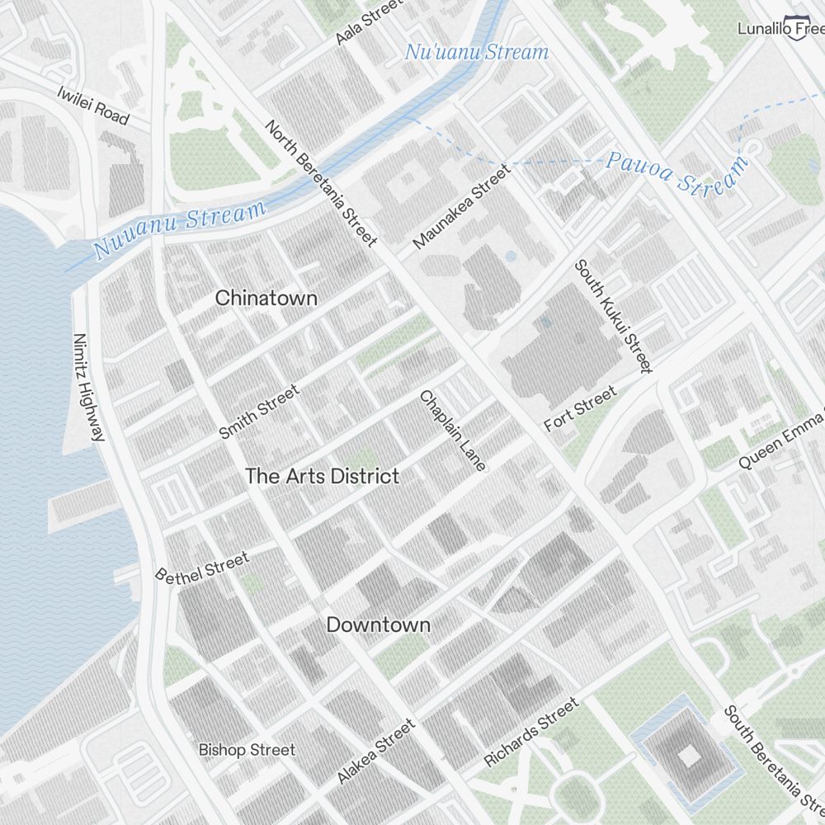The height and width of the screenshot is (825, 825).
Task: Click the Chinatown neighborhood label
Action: coord(266,299)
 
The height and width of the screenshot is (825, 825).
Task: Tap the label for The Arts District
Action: coord(323,476)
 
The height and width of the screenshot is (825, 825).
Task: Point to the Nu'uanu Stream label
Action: coord(476,53)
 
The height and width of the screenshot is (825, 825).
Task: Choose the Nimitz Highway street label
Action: coord(89,386)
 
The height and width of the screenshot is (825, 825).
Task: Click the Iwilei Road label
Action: coord(93,105)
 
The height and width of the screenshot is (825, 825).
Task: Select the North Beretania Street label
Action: coord(321,182)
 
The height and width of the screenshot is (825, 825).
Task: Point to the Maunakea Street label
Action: coord(462,206)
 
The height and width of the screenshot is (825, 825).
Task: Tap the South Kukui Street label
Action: coord(614,316)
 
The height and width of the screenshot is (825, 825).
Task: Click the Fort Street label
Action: coord(580,409)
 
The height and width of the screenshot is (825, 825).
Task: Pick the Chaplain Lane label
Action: coord(453,430)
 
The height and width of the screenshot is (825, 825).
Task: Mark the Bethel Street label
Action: coord(202,568)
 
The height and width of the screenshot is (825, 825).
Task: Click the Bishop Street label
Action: coord(246,750)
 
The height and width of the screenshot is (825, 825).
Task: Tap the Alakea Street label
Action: coord(376,752)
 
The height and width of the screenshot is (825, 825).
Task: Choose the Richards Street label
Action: coord(530,733)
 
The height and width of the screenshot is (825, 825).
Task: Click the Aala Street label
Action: coord(370,22)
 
